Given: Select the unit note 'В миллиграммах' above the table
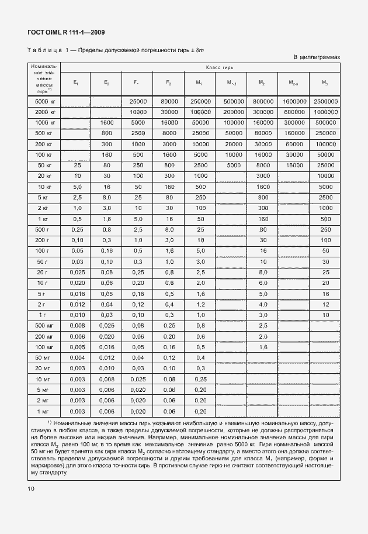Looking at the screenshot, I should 316,57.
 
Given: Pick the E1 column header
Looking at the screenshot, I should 75,83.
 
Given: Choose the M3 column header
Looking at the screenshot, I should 325,83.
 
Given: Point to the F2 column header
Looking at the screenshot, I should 169,83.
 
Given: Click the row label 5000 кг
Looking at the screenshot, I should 40,101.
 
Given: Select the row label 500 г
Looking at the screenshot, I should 40,229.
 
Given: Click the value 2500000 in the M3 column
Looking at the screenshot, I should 325,101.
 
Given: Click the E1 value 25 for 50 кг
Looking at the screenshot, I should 75,165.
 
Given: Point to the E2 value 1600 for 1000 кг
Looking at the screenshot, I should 106,122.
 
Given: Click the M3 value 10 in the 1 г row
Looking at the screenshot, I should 325,315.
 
